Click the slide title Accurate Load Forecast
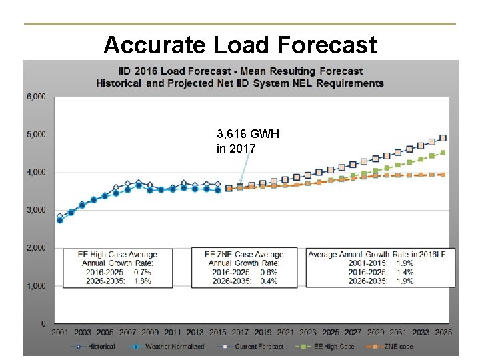coord(240,45)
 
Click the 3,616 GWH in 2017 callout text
coord(247,141)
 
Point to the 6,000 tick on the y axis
coord(36,96)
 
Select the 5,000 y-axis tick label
coord(36,134)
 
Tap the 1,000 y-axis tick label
coord(36,285)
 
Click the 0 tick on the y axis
coord(43,323)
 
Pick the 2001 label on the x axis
coord(60,332)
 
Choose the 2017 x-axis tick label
coord(241,332)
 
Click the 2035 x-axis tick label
coord(443,332)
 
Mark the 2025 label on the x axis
coord(331,332)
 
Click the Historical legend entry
coord(93,347)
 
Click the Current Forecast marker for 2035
coord(443,138)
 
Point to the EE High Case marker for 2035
coord(443,153)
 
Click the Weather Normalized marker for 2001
coord(60,220)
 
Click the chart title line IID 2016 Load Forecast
coord(240,71)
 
